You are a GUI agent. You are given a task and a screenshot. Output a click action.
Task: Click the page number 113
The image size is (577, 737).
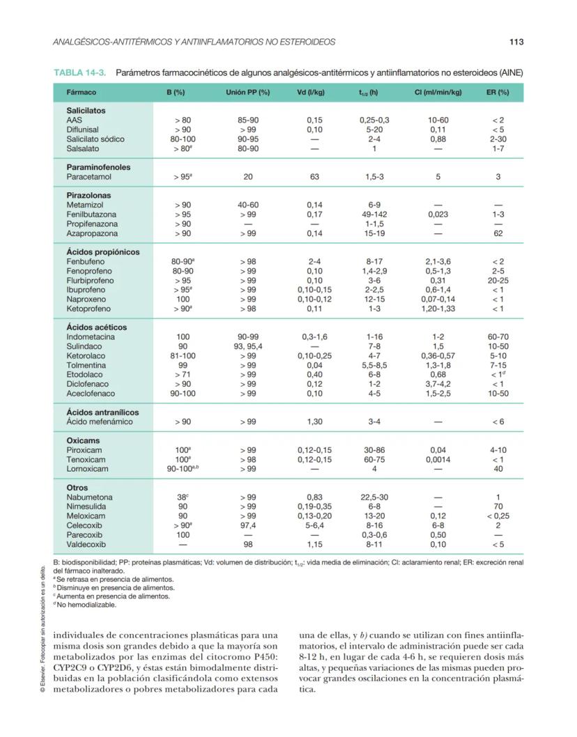[516, 42]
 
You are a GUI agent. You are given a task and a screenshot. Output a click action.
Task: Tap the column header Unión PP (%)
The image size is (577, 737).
[247, 93]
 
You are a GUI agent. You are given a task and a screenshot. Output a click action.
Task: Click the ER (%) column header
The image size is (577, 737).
[498, 93]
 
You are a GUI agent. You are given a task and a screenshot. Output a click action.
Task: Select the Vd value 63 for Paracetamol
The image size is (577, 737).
[314, 177]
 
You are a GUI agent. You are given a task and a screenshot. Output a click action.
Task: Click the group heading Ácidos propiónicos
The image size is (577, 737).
[102, 252]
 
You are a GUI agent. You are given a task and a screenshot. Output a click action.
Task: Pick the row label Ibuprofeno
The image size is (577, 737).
[86, 290]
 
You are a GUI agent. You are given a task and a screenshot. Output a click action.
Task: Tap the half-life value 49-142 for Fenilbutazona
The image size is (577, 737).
[374, 215]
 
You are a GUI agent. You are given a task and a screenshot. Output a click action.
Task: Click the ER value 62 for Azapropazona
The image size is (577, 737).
[498, 233]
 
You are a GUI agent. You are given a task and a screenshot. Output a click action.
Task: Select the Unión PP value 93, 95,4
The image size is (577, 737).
[247, 346]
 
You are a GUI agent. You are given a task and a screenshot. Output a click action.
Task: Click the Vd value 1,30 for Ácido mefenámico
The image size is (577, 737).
[314, 421]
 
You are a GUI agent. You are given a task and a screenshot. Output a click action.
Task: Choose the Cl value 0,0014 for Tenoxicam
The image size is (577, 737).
[438, 460]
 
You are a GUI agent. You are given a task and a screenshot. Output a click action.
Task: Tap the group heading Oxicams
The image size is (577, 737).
[83, 441]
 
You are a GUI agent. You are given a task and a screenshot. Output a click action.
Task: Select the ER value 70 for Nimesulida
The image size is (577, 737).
[498, 507]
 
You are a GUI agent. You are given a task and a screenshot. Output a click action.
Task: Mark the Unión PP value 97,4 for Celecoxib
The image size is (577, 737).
[247, 526]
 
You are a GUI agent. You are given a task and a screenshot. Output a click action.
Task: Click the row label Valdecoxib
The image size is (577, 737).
[86, 545]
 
